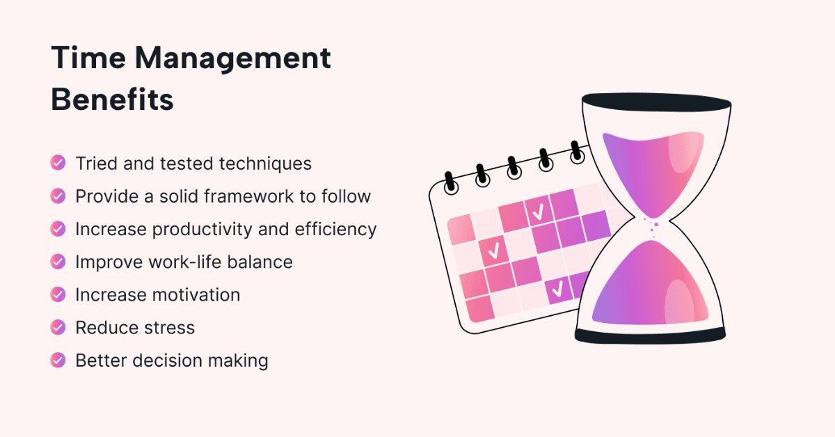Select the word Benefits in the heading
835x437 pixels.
112,100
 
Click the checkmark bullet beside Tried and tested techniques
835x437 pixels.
58,163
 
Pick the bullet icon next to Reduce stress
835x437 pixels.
58,327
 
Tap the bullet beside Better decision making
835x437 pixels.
58,360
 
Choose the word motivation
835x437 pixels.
197,294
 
